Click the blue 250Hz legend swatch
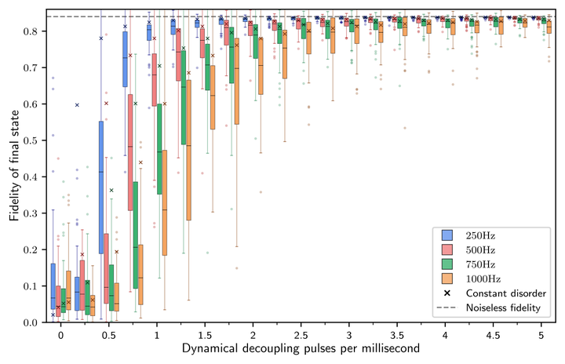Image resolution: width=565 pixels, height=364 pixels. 448,235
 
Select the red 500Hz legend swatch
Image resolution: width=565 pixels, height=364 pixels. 448,249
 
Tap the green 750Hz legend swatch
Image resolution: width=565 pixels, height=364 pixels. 448,264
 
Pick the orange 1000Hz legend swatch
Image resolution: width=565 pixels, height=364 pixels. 448,278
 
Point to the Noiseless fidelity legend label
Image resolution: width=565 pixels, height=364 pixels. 503,308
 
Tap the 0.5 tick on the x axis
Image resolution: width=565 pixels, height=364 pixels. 108,333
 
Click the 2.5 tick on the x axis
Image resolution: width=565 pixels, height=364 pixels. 301,333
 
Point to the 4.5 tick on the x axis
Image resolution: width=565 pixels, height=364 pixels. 493,333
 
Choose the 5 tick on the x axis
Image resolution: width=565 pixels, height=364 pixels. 541,333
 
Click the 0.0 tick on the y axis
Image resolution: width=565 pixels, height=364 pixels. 31,322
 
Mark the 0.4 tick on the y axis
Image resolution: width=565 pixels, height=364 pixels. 31,177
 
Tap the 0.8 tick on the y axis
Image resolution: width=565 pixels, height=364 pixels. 31,31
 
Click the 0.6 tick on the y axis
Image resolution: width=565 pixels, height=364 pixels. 31,104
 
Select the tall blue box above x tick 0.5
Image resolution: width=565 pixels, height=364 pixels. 101,187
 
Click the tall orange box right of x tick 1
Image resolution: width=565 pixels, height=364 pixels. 165,202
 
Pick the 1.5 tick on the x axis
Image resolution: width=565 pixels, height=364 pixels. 205,333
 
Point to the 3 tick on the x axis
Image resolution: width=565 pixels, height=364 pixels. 348,333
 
